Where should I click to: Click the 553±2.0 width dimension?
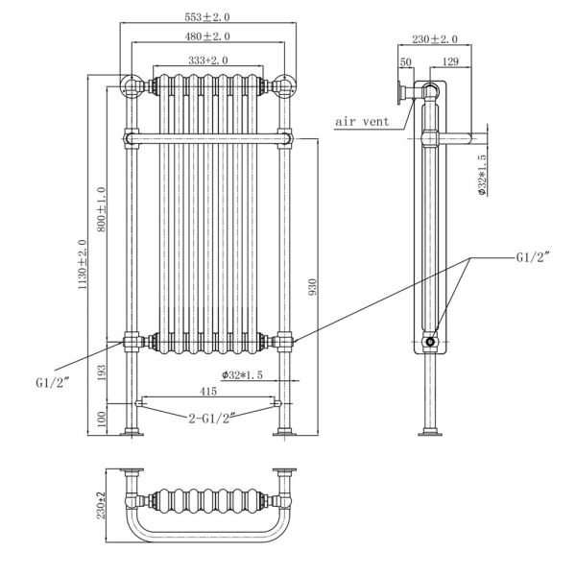tap(207, 17)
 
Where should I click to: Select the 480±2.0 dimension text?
tap(207, 36)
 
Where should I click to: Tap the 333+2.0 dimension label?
tap(208, 60)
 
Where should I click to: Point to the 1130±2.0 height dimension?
tap(83, 264)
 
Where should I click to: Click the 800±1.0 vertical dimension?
tap(102, 209)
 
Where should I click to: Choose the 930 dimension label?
tap(312, 287)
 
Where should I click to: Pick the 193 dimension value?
tap(102, 372)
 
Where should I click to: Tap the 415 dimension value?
tap(208, 392)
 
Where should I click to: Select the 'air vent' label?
tap(362, 121)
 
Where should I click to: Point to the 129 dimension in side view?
tap(450, 61)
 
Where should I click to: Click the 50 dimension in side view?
tap(405, 61)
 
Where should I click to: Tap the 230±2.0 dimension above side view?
tap(435, 39)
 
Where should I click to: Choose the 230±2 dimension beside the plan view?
tap(101, 506)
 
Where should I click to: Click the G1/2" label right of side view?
tap(533, 256)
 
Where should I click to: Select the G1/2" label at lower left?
tap(53, 383)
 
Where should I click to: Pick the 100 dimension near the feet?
tap(102, 420)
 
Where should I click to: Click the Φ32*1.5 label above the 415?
tap(242, 375)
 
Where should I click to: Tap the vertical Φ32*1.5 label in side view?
tap(482, 174)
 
